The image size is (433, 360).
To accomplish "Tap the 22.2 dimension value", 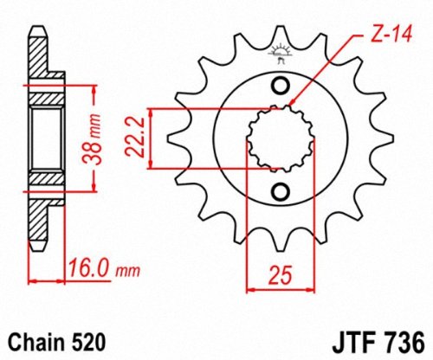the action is [135, 137].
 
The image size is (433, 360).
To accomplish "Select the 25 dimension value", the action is [280, 274].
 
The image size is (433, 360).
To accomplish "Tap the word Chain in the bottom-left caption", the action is [36, 343].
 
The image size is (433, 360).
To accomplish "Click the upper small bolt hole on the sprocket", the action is [281, 86].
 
